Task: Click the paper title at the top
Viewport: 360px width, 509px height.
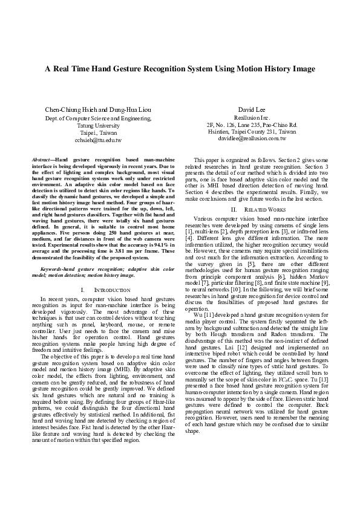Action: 180,69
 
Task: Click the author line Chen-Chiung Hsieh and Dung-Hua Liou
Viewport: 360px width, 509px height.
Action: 98,109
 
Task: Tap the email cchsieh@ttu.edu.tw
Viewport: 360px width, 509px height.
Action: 98,140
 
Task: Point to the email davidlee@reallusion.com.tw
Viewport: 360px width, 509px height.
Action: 251,138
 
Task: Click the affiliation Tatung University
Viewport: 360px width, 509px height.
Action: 98,125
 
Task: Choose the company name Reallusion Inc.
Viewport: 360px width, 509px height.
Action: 251,118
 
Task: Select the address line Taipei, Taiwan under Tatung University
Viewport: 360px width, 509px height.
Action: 98,132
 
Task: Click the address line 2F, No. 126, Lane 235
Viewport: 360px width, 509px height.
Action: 251,125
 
